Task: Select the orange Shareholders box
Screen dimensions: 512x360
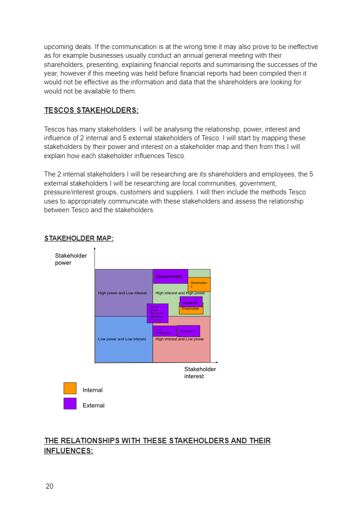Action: click(199, 284)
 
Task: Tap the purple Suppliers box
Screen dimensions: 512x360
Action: click(191, 302)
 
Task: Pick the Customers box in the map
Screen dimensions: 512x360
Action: click(188, 331)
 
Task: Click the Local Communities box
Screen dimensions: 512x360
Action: click(164, 331)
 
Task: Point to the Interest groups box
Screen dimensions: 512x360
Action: click(158, 313)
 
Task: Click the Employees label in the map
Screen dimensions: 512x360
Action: click(191, 309)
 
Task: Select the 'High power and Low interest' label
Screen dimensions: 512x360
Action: click(122, 293)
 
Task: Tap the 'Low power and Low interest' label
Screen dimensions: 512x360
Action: click(122, 339)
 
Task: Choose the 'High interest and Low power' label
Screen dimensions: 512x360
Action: click(180, 339)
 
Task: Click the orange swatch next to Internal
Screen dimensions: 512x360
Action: click(70, 388)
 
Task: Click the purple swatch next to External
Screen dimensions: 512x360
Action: click(70, 403)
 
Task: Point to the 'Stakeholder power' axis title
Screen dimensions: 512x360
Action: click(71, 259)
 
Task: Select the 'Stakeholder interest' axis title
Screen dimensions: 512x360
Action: click(200, 373)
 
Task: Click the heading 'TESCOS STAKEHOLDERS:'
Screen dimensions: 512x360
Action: click(91, 110)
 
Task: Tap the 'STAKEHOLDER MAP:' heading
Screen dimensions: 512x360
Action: click(79, 238)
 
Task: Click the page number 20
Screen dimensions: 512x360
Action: click(49, 486)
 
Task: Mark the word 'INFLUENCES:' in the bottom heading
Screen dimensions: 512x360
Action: click(69, 451)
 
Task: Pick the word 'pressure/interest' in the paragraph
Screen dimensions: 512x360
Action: click(67, 192)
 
